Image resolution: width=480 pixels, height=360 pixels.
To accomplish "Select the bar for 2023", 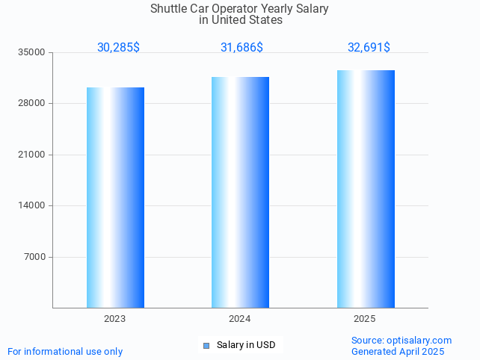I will [x=115, y=197].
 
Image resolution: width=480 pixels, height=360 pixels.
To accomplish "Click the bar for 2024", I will [x=240, y=192].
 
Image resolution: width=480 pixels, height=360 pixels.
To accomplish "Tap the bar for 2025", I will [x=366, y=188].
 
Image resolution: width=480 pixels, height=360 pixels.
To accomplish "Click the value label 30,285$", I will [x=118, y=48].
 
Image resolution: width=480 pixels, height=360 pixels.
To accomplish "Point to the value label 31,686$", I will [x=241, y=48].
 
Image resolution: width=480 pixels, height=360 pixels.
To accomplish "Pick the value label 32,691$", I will [x=369, y=48].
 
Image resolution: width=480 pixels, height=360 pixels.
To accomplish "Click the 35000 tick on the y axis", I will [x=32, y=52].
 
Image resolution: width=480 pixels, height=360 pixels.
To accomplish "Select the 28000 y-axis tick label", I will [x=32, y=104].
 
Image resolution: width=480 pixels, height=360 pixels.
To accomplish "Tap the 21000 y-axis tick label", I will [x=32, y=155].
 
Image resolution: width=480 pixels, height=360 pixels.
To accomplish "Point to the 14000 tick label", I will [x=32, y=205].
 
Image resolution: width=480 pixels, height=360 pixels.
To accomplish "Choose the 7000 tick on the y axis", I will [x=34, y=257].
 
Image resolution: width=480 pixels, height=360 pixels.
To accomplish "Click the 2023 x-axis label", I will [x=115, y=319].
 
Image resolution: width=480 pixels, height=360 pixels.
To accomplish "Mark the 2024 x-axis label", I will [x=240, y=319].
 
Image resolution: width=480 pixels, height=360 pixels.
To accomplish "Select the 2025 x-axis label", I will [x=365, y=319].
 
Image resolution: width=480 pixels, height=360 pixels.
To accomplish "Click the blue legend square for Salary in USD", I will [x=206, y=345].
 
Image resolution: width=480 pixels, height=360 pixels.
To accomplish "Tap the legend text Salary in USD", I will [x=246, y=345].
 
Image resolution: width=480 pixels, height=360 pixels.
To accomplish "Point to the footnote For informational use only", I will [x=65, y=351].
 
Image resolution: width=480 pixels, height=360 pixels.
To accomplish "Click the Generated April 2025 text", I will [x=398, y=352].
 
